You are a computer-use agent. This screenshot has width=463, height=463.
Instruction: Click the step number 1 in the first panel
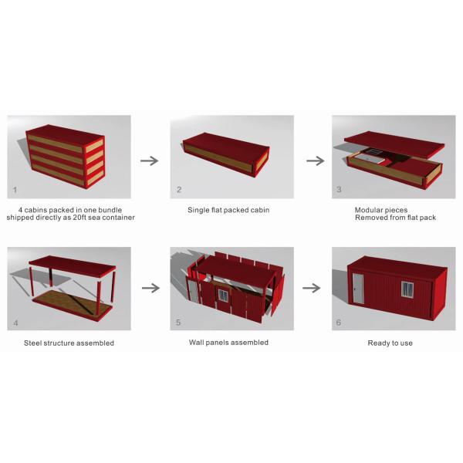15,189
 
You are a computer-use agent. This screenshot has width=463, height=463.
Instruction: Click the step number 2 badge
179,189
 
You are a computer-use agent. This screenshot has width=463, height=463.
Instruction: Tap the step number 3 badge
340,189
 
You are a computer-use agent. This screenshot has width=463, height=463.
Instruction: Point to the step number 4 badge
15,321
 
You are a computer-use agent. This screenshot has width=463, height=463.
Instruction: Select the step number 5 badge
179,321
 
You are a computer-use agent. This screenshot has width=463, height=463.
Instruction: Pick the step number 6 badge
340,321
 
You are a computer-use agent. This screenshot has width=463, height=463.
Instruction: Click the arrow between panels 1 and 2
149,161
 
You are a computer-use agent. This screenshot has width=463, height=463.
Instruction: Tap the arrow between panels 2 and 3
314,161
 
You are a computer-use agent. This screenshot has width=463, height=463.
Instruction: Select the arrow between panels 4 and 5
149,288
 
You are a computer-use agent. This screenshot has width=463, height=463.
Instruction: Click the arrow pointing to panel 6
312,288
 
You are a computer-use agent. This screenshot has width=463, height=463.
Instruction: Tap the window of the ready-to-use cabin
408,289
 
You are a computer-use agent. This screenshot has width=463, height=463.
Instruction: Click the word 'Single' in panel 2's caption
198,210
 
